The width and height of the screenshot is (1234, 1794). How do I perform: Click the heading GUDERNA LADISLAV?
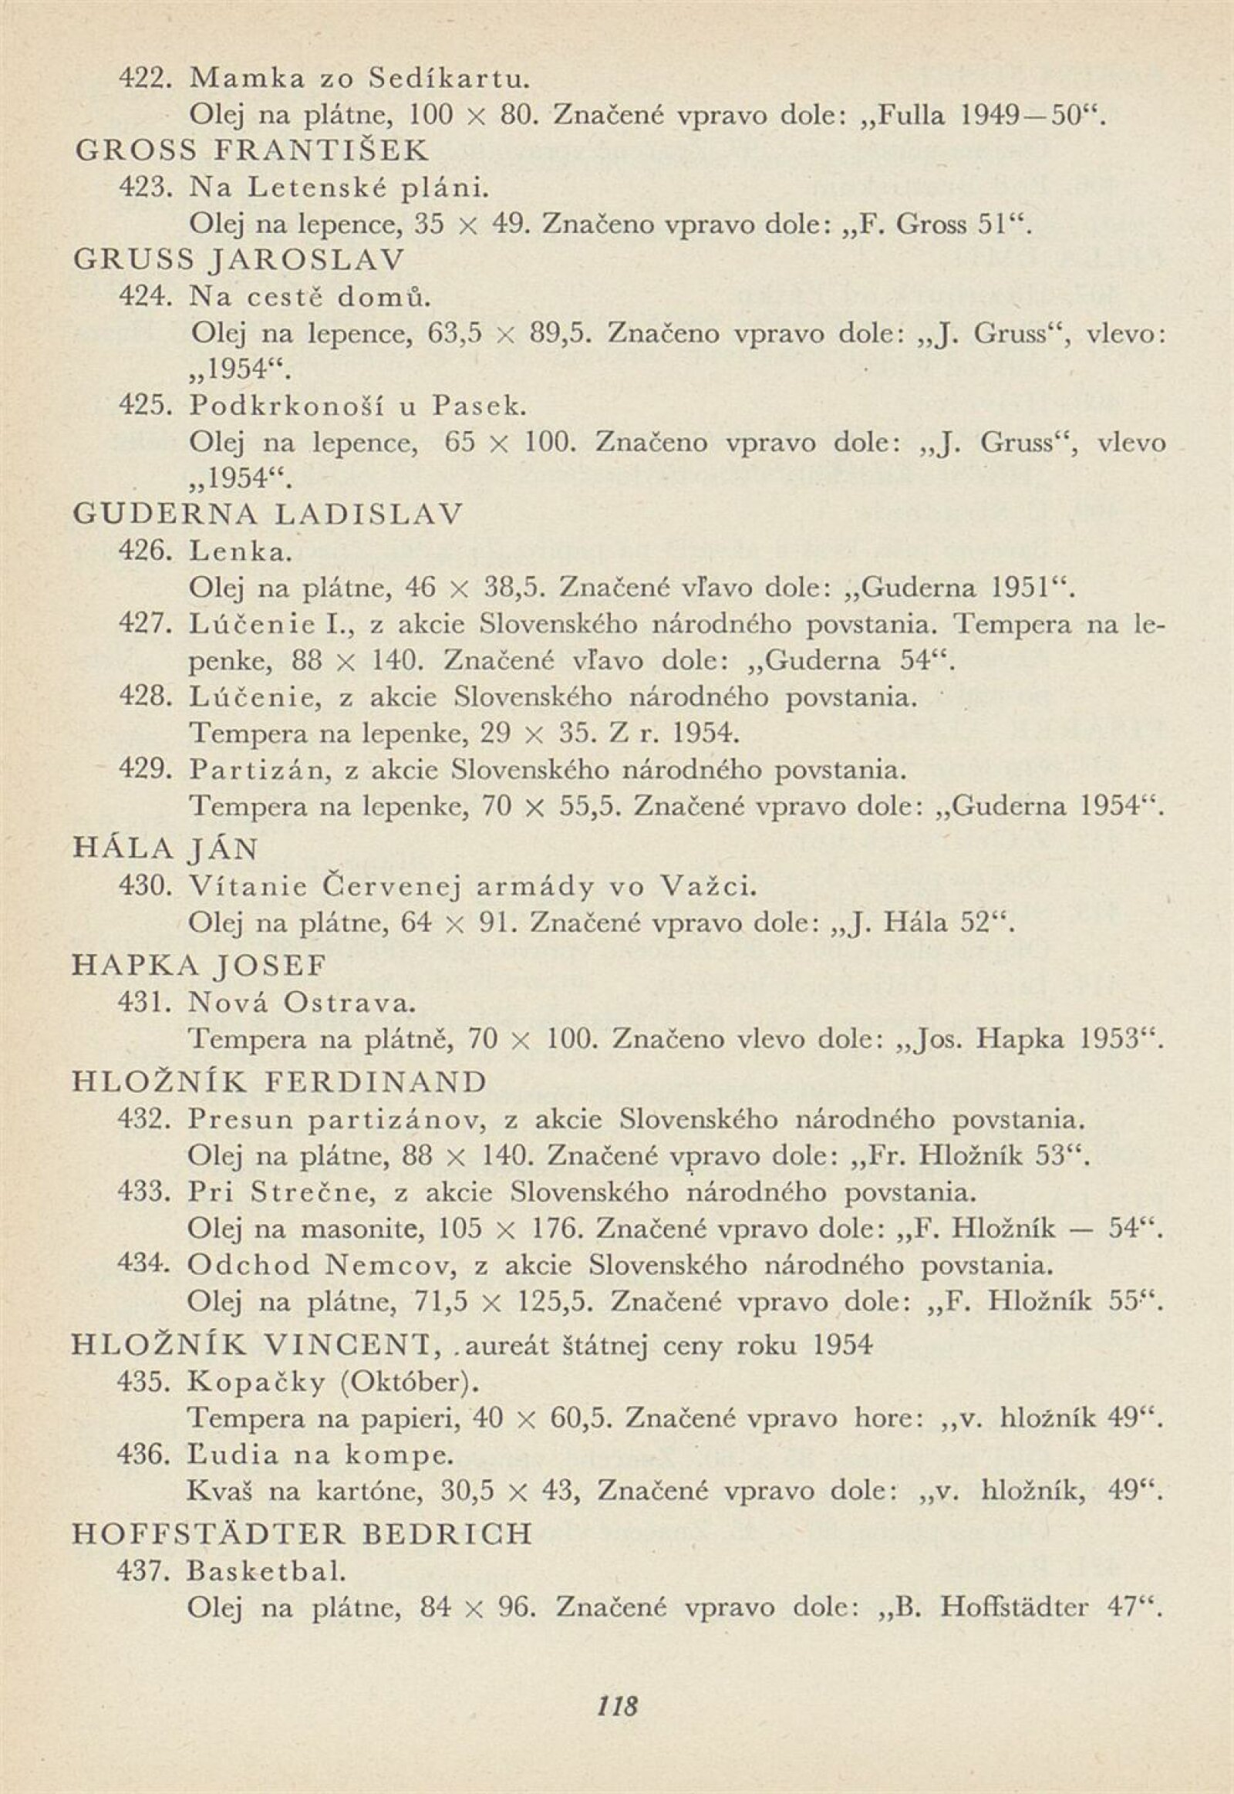pyautogui.click(x=267, y=514)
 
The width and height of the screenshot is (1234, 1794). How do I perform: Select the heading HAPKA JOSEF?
pyautogui.click(x=199, y=966)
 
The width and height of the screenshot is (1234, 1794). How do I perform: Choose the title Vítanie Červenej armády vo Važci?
pyautogui.click(x=470, y=887)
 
